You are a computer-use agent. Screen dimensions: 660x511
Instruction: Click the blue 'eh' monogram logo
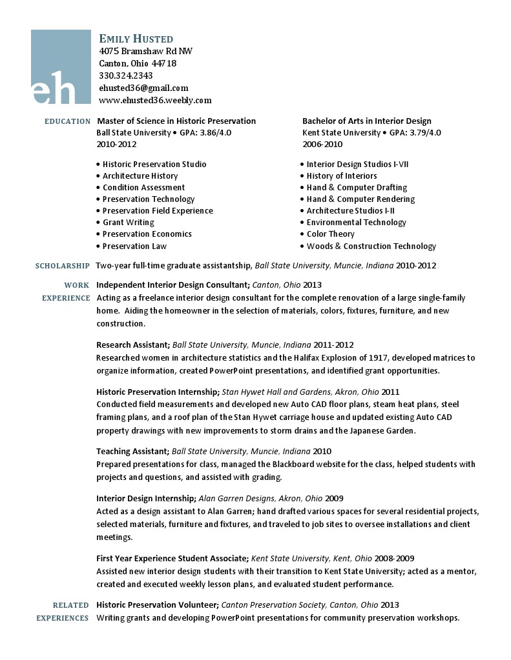pyautogui.click(x=61, y=67)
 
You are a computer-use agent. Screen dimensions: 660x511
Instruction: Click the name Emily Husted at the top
pyautogui.click(x=136, y=39)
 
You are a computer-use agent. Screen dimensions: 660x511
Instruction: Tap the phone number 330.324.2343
pyautogui.click(x=126, y=75)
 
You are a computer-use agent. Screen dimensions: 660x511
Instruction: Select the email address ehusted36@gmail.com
pyautogui.click(x=143, y=88)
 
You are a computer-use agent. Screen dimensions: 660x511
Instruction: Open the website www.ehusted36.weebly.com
pyautogui.click(x=155, y=100)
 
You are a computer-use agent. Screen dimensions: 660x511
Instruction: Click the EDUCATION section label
pyautogui.click(x=67, y=121)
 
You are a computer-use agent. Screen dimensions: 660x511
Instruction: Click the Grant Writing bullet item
pyautogui.click(x=128, y=223)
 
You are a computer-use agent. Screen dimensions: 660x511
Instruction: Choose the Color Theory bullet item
pyautogui.click(x=330, y=234)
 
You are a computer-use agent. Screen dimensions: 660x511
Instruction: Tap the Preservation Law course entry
pyautogui.click(x=134, y=246)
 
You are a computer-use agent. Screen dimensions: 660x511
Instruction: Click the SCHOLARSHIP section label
pyautogui.click(x=62, y=266)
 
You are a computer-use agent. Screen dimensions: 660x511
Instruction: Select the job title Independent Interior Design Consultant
pyautogui.click(x=172, y=285)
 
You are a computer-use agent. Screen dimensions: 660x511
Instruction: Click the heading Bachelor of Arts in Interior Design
pyautogui.click(x=366, y=121)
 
